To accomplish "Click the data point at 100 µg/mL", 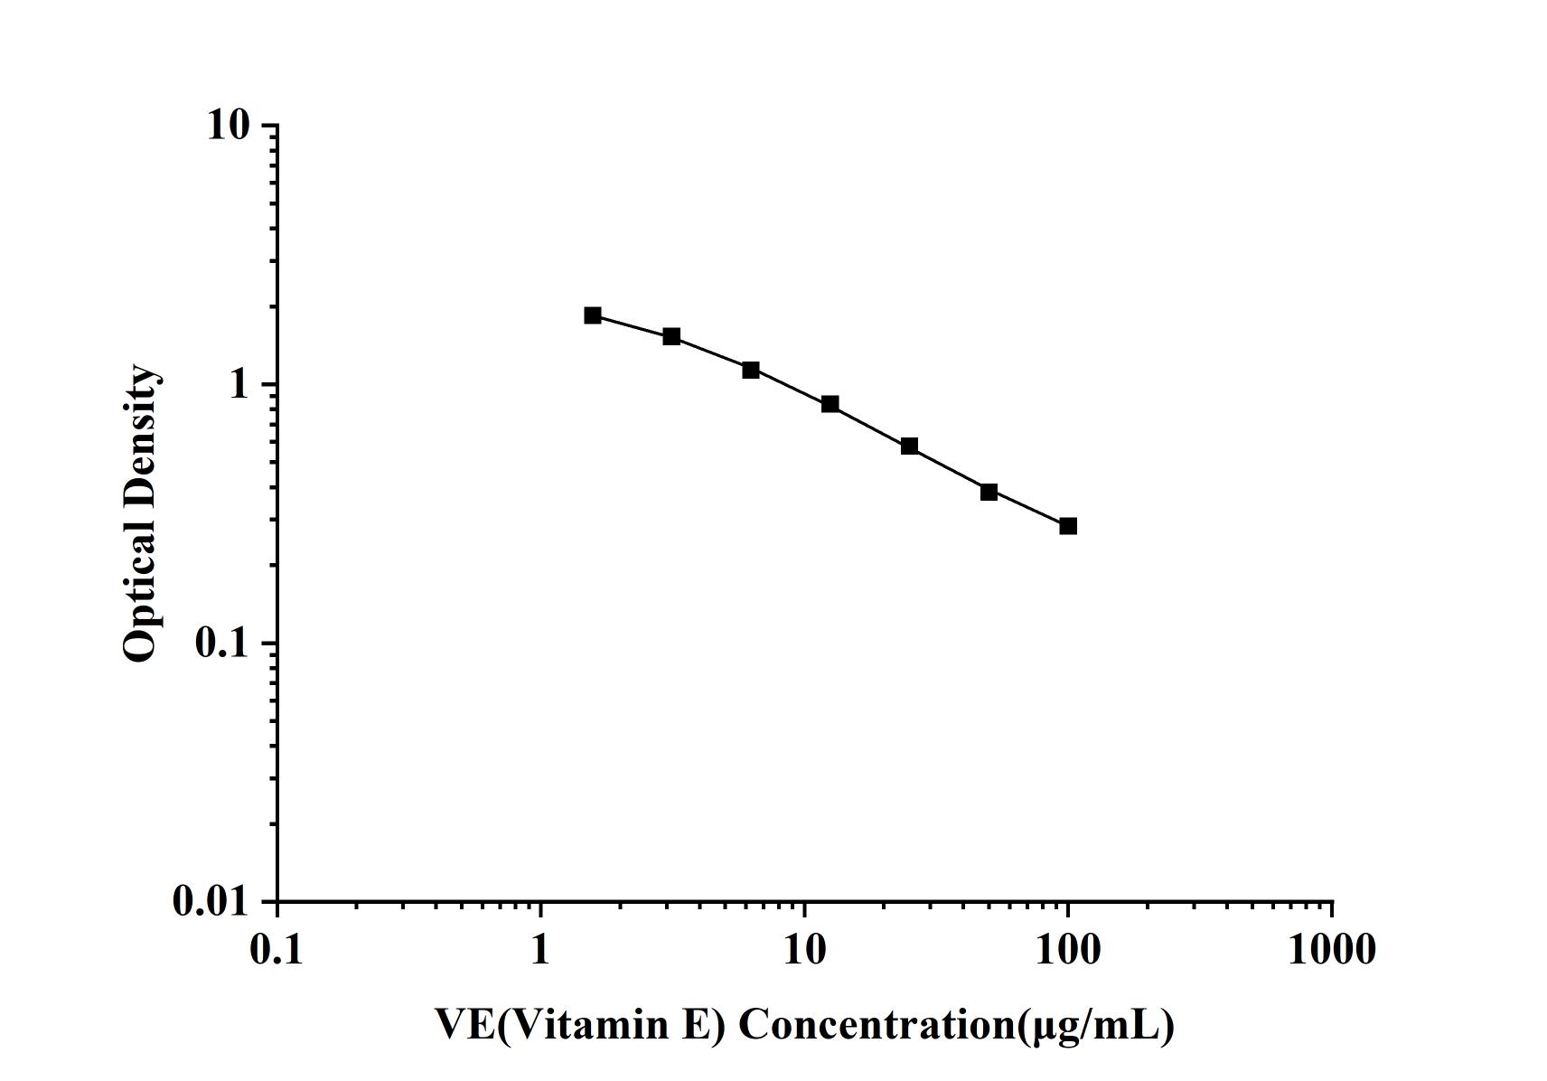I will [1068, 526].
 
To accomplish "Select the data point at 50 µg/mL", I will [989, 492].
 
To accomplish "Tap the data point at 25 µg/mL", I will [909, 446].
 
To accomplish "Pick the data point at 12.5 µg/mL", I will [830, 404].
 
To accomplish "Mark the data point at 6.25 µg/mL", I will [750, 370].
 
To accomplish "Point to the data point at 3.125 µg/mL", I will [671, 336].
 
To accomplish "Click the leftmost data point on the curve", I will [593, 315].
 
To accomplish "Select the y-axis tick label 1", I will [239, 385].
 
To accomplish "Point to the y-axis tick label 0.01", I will [211, 901].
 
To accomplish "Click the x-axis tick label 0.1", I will [277, 950].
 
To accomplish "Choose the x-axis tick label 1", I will [540, 950].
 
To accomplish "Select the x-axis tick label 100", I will [1068, 950].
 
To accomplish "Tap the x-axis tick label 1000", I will [1332, 950].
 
